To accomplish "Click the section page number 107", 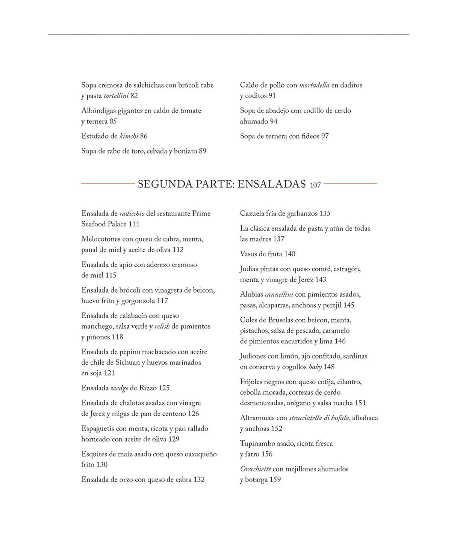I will point(315,185).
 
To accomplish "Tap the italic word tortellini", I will point(116,96).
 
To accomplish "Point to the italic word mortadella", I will point(314,85).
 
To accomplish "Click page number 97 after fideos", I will point(325,136).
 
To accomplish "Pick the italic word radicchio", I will point(132,214).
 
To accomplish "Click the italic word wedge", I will point(119,388).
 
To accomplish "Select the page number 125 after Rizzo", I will point(164,388).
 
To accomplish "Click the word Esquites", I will point(94,454).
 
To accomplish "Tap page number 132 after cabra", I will point(199,480).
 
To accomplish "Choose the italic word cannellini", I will point(279,294).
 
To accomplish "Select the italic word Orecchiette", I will point(255,469).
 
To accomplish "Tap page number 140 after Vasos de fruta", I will point(289,254).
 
